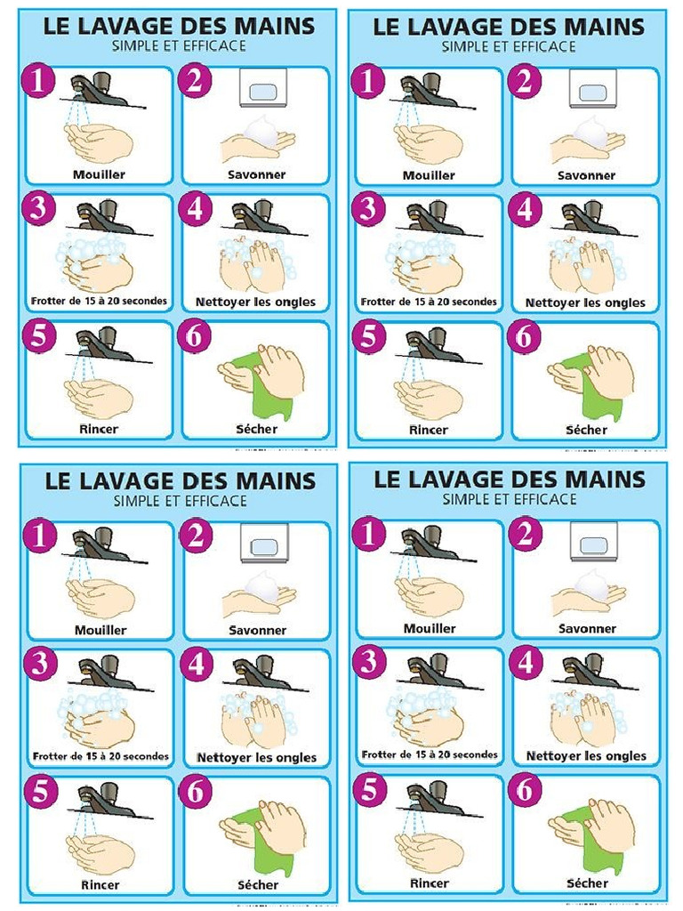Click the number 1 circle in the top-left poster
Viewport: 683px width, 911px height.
(x=37, y=80)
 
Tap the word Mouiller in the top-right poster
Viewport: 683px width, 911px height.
(x=429, y=175)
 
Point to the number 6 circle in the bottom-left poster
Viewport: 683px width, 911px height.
(x=195, y=792)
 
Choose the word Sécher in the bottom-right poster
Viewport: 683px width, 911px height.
(x=588, y=883)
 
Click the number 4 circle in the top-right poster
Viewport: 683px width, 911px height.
(x=525, y=210)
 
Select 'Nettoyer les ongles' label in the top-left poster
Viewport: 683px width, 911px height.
(x=257, y=302)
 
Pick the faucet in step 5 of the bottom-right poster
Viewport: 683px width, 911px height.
(x=432, y=794)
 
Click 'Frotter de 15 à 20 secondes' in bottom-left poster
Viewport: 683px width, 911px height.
(x=100, y=756)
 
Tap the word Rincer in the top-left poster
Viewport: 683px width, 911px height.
(x=100, y=429)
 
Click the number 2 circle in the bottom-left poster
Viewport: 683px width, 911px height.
(x=195, y=536)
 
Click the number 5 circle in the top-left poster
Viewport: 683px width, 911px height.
(x=37, y=338)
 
